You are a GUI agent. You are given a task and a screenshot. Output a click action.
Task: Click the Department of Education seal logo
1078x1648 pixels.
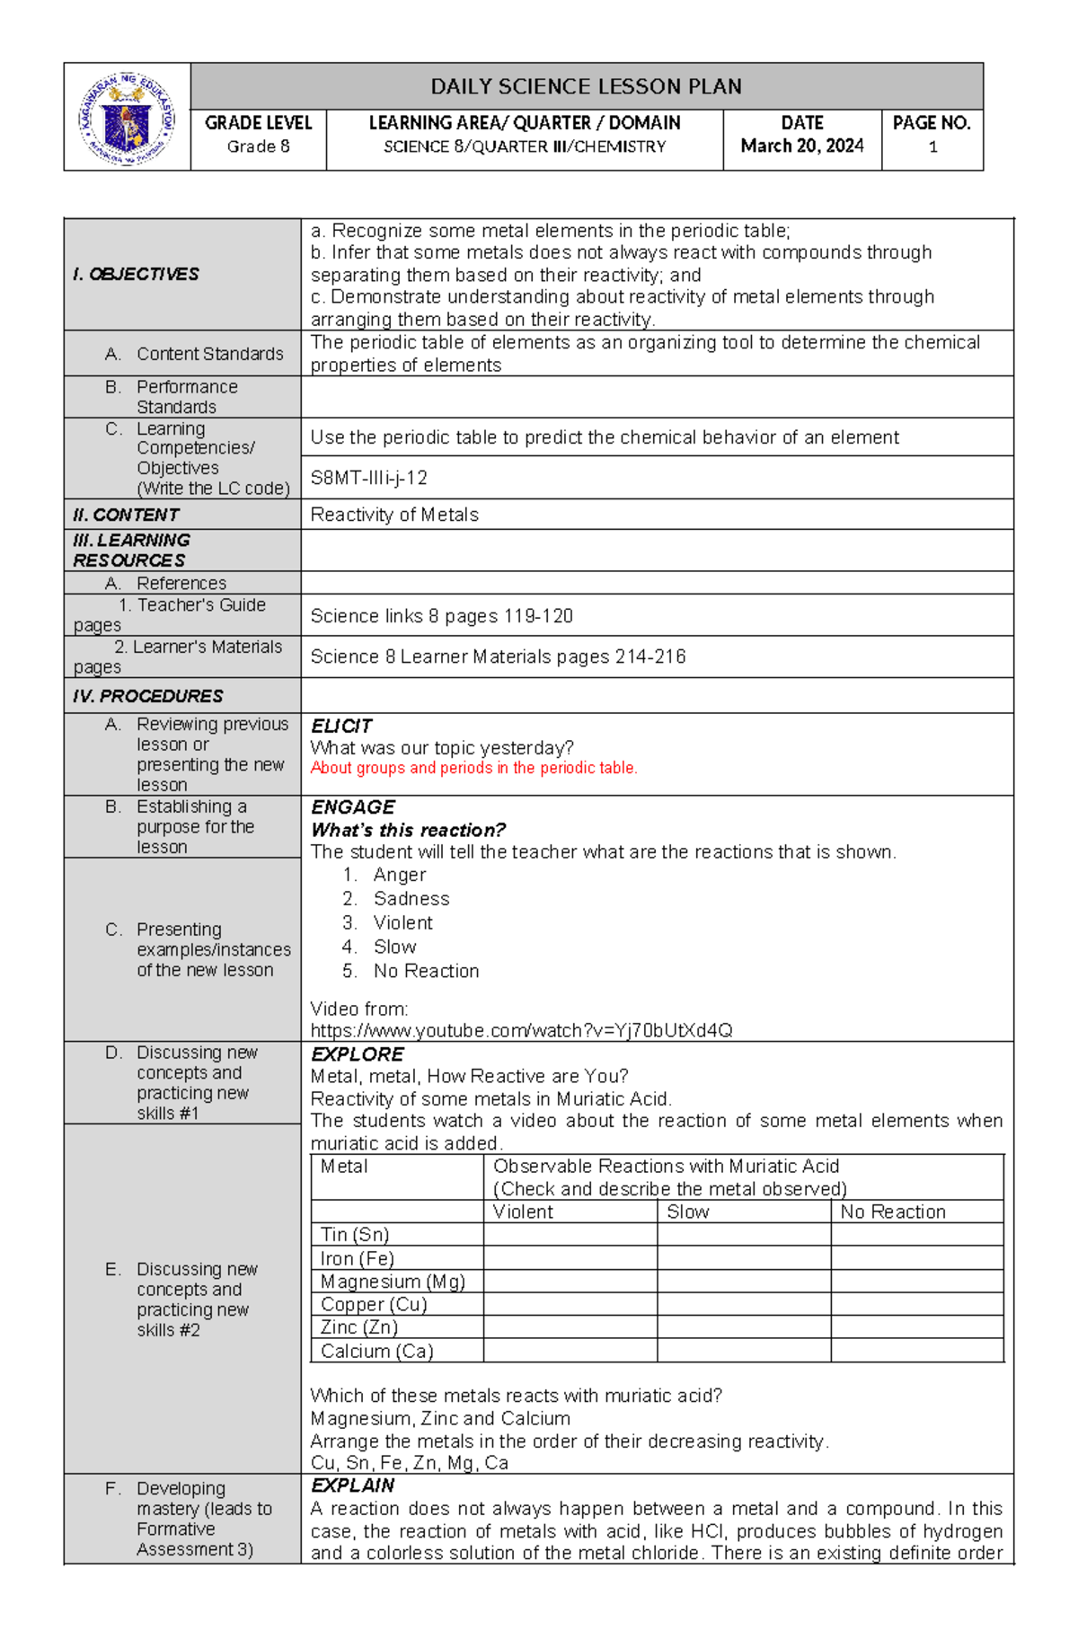127,118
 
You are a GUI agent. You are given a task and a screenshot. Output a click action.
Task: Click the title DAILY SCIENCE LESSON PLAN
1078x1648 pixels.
586,87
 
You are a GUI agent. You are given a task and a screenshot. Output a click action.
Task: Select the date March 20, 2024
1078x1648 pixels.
801,145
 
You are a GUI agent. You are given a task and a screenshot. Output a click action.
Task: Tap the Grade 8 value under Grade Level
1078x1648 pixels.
258,146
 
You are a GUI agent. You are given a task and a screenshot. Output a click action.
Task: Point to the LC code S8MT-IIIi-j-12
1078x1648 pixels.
368,478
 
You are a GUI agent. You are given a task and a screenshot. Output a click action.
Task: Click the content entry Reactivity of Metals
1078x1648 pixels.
394,515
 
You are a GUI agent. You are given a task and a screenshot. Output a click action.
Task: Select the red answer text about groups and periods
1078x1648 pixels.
473,768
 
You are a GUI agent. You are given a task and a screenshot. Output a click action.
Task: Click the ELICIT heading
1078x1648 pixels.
340,726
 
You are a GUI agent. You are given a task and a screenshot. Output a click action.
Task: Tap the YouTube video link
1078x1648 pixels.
521,1030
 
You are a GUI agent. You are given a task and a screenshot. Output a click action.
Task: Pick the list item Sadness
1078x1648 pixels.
411,899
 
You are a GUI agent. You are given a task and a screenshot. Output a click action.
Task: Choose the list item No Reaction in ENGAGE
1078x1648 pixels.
426,971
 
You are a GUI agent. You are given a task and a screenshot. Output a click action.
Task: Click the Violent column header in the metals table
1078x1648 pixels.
523,1212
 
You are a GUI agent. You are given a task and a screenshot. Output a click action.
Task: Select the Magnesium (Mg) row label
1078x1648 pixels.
393,1282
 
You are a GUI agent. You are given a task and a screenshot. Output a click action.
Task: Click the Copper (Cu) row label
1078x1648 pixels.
374,1304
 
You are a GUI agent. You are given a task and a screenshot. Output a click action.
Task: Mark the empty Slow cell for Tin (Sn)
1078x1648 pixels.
743,1235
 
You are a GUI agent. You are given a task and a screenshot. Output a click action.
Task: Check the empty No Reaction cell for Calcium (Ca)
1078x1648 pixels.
916,1351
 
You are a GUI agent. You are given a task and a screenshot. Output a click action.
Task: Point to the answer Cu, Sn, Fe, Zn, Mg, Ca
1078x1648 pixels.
409,1463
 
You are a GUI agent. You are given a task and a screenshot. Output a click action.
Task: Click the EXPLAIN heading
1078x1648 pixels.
352,1485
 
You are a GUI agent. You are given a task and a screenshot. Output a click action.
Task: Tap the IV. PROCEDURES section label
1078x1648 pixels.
148,696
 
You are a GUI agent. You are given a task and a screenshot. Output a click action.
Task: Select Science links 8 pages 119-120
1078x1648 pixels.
441,616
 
